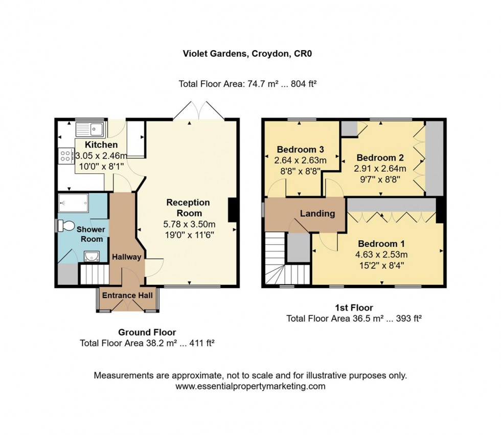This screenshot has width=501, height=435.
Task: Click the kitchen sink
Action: coord(90,129)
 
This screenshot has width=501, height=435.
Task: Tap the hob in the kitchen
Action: coord(65,155)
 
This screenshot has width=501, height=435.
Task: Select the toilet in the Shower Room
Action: coord(65,225)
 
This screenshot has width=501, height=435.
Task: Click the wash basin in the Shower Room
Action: coord(91,256)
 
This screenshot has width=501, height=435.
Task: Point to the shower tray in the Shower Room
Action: coord(75,203)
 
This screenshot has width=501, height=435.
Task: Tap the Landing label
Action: coord(317,213)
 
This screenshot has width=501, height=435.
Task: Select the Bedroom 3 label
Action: coord(301,150)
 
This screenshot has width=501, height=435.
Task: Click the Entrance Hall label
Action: coord(127,295)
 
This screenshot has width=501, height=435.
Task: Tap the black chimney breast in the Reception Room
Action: coord(233,210)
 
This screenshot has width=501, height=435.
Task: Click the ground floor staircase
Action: coord(95,274)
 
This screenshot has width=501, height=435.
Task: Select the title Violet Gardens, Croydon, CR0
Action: coord(250,53)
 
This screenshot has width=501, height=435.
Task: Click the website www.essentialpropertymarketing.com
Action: coord(250,386)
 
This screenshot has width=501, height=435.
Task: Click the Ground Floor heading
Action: coord(147,332)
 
